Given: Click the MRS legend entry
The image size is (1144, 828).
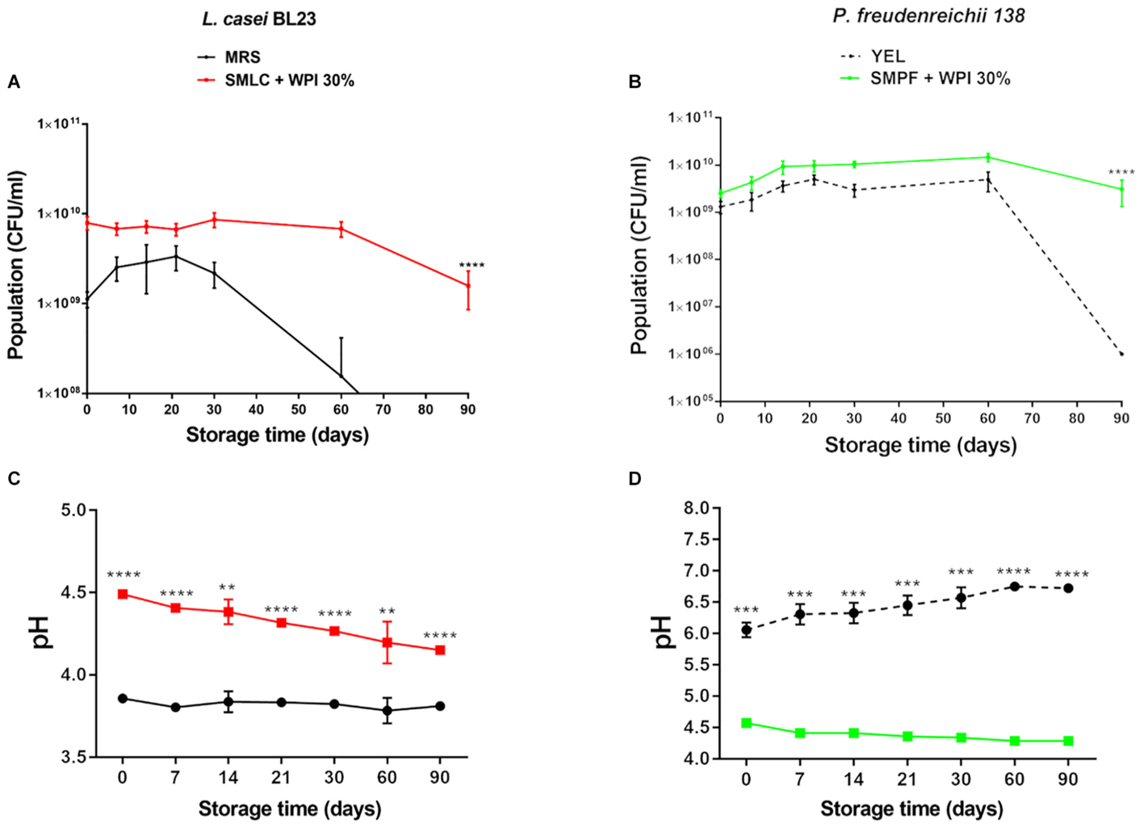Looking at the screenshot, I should click(x=242, y=57).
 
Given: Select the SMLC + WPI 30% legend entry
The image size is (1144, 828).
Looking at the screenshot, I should click(x=289, y=80).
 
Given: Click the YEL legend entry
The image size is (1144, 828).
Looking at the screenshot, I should click(x=887, y=57).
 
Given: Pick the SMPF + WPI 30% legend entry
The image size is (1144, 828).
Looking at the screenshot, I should click(x=940, y=78).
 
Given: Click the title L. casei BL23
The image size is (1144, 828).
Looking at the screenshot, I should click(x=258, y=19).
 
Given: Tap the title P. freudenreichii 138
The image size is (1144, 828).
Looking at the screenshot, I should click(x=928, y=16).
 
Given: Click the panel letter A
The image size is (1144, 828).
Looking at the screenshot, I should click(x=13, y=82).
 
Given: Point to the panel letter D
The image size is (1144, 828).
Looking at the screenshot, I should click(x=635, y=479).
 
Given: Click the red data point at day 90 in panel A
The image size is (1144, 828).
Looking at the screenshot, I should click(x=468, y=286).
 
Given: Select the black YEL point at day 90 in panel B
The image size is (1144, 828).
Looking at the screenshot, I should click(x=1121, y=354).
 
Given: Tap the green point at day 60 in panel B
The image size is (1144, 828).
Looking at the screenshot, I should click(x=987, y=158).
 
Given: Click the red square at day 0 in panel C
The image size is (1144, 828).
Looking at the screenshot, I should click(x=123, y=594).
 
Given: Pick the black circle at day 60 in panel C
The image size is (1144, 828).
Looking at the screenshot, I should click(x=388, y=711).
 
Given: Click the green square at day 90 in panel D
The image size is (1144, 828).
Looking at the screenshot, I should click(x=1068, y=741).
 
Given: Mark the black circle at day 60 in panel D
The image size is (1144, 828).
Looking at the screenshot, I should click(x=1015, y=586).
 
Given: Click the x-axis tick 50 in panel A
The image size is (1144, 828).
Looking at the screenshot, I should click(x=299, y=410).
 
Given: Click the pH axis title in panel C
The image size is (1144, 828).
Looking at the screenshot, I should click(x=39, y=633).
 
